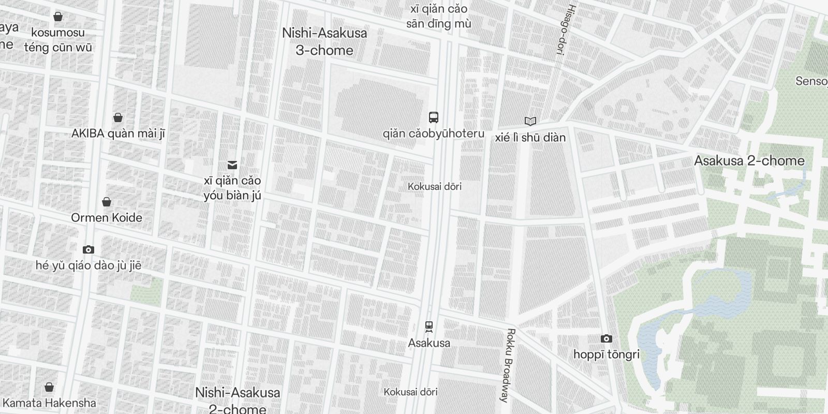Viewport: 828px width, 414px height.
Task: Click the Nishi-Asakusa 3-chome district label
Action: coord(324,41)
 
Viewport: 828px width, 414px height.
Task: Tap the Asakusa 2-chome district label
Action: coord(749,160)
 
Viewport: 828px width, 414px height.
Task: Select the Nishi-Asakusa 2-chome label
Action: coord(238,400)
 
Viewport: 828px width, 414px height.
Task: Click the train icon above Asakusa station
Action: coord(428,327)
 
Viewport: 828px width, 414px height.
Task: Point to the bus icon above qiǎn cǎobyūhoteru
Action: coord(434,117)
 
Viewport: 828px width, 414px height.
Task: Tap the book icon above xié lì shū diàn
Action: coord(530,122)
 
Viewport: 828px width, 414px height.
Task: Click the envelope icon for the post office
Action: coord(232,165)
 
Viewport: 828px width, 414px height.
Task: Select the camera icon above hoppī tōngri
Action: coord(606,339)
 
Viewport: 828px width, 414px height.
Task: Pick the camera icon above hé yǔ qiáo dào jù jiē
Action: coord(88,250)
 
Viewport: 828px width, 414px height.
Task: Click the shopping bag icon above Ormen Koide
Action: coord(106,202)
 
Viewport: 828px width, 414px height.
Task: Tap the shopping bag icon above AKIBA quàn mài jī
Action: coord(118,117)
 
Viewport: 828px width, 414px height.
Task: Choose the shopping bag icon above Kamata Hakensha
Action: coord(49,387)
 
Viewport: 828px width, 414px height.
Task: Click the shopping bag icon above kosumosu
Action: coord(58,17)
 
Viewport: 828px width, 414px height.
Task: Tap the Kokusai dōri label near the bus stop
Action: coord(434,186)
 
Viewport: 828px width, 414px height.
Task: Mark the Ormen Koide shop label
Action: coord(106,217)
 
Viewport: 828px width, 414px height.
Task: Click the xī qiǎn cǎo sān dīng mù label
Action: coord(438,16)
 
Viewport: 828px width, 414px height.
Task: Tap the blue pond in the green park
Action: coord(724,300)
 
